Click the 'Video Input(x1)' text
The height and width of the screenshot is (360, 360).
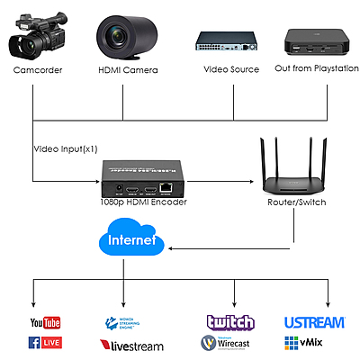click(x=66, y=148)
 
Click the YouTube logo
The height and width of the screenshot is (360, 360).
click(x=44, y=322)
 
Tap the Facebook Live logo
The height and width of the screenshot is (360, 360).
click(x=44, y=342)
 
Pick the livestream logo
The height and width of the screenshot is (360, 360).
click(x=130, y=345)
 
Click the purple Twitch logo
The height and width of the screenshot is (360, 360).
click(x=230, y=322)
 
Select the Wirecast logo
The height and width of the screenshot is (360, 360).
click(x=229, y=343)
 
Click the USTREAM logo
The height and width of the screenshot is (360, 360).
click(x=314, y=322)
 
